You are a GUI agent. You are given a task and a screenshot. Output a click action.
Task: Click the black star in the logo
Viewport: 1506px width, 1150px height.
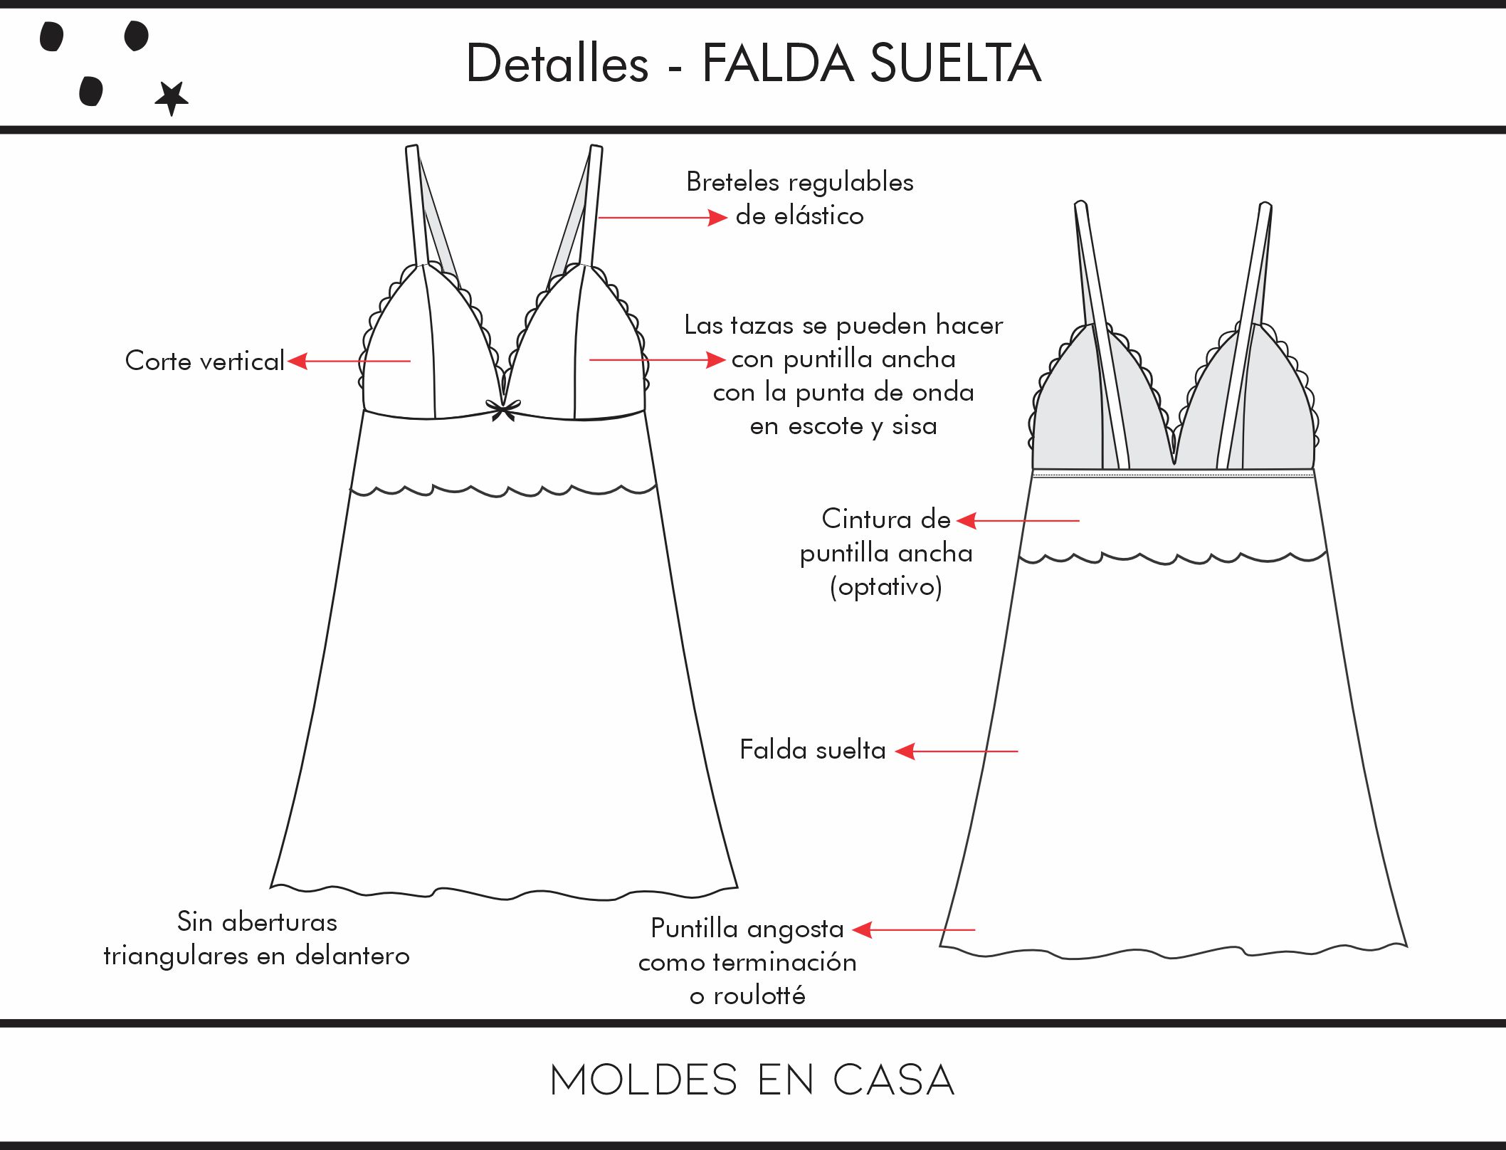[172, 97]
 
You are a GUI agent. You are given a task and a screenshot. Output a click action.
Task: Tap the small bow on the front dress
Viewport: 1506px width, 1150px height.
[503, 411]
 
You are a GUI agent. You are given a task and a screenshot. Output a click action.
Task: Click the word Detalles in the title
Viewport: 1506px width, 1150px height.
[557, 64]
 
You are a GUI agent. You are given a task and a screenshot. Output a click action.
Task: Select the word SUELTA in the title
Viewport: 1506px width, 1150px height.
[955, 64]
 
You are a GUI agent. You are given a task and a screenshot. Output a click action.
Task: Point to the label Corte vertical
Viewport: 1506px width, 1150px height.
[204, 361]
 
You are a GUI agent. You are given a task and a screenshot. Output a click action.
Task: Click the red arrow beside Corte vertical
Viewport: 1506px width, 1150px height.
[349, 361]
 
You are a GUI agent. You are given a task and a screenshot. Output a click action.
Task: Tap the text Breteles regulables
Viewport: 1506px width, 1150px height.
[799, 182]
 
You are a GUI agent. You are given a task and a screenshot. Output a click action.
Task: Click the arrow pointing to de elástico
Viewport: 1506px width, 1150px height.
[662, 217]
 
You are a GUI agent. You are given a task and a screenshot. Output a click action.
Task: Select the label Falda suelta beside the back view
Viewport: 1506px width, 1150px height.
[812, 750]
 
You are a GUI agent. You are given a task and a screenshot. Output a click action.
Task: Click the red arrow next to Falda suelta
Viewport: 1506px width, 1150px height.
[956, 751]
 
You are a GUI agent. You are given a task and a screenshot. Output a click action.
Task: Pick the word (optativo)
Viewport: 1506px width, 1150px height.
[885, 587]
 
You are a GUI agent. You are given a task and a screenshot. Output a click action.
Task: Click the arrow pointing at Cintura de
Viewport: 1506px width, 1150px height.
[1018, 521]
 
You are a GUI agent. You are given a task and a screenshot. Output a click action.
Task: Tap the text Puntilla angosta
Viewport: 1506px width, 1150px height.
[747, 929]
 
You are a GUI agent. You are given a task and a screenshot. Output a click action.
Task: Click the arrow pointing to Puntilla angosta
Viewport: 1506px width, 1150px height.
[913, 929]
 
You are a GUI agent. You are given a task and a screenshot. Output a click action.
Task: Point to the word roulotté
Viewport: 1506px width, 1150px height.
[759, 996]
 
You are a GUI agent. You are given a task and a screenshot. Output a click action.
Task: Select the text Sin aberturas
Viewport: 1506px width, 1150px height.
[257, 922]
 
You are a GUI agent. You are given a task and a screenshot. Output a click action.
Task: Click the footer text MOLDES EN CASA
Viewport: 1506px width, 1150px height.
[752, 1080]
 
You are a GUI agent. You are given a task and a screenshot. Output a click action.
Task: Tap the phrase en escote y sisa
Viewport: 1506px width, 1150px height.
[843, 426]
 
